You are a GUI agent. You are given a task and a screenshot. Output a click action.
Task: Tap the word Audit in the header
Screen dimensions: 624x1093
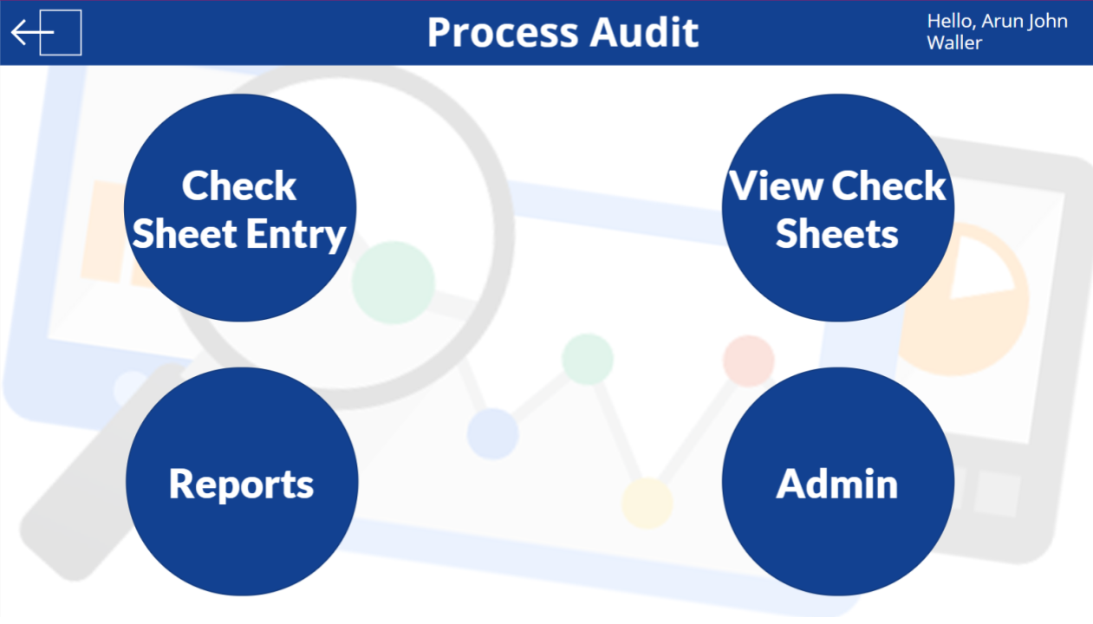(x=644, y=33)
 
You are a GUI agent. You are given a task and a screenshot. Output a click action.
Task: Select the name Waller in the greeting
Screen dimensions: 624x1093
(x=954, y=43)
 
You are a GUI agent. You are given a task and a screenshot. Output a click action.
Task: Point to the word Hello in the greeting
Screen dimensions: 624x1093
(x=950, y=22)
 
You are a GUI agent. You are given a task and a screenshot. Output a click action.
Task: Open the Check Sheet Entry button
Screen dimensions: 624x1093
(x=240, y=208)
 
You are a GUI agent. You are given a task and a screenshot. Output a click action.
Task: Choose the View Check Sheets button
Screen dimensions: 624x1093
(x=837, y=208)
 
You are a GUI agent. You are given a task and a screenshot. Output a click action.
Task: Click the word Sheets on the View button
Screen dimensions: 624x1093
(x=836, y=234)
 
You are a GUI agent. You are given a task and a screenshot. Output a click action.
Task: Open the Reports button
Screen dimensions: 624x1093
(x=241, y=482)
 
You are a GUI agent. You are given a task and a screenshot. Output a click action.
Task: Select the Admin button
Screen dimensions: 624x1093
(x=837, y=482)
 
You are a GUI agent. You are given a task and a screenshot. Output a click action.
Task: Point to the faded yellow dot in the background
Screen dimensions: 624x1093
(x=647, y=503)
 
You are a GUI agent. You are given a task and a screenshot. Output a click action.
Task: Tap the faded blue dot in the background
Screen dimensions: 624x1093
(x=492, y=433)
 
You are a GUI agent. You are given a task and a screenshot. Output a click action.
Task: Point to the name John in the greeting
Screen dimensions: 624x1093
(x=1048, y=22)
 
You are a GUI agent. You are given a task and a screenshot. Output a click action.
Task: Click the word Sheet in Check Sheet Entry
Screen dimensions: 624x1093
(x=185, y=235)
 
